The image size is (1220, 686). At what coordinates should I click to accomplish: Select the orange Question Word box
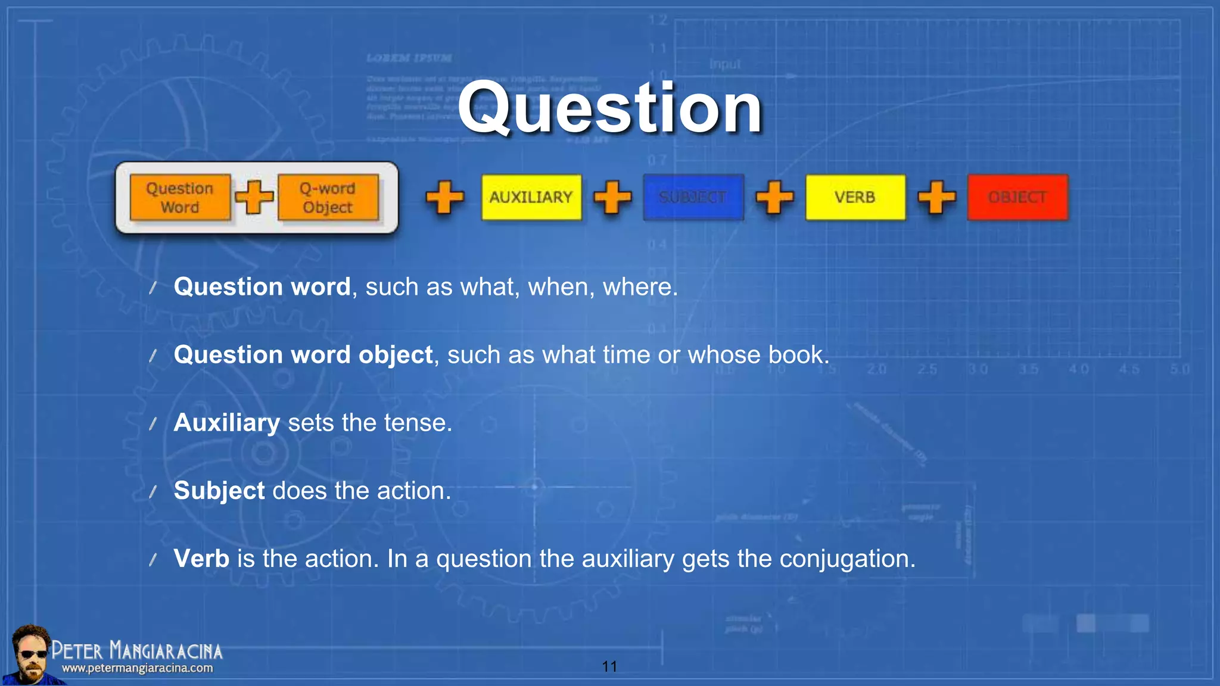(x=180, y=197)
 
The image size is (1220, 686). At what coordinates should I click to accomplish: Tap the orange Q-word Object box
(x=328, y=197)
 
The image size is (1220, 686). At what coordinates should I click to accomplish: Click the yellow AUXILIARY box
(x=531, y=197)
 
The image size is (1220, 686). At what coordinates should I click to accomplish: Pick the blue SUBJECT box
(x=693, y=197)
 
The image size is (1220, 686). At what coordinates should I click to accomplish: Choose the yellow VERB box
(x=855, y=197)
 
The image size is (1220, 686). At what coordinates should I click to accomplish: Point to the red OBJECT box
(x=1017, y=197)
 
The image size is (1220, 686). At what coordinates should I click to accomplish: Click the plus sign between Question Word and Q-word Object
(x=254, y=197)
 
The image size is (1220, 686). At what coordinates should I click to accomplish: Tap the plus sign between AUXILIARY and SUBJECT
(x=612, y=197)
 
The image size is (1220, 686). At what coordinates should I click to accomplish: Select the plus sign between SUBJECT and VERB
(x=774, y=197)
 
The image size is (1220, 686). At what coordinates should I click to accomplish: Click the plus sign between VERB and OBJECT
(x=936, y=197)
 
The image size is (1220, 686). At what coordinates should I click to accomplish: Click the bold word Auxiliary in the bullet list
(x=226, y=423)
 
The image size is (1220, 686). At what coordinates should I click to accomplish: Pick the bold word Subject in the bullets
(x=219, y=491)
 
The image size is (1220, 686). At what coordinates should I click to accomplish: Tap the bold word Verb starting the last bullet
(x=201, y=559)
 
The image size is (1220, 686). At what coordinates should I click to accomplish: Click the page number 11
(x=609, y=666)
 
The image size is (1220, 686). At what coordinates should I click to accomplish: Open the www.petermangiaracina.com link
(x=137, y=668)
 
